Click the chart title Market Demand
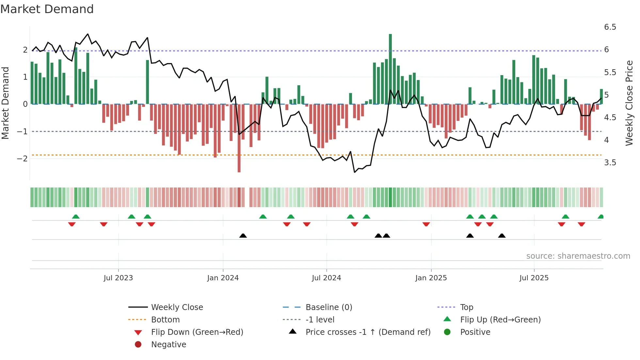pyautogui.click(x=47, y=9)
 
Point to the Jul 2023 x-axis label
pyautogui.click(x=118, y=278)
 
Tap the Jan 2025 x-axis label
pyautogui.click(x=431, y=278)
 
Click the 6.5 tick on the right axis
pyautogui.click(x=610, y=27)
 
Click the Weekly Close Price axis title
pyautogui.click(x=629, y=103)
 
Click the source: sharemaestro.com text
pyautogui.click(x=578, y=256)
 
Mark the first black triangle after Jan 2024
pyautogui.click(x=243, y=236)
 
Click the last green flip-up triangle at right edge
pyautogui.click(x=600, y=217)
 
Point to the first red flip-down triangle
pyautogui.click(x=72, y=224)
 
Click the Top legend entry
pyautogui.click(x=467, y=307)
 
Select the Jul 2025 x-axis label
pyautogui.click(x=534, y=278)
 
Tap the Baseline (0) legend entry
pyautogui.click(x=328, y=307)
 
